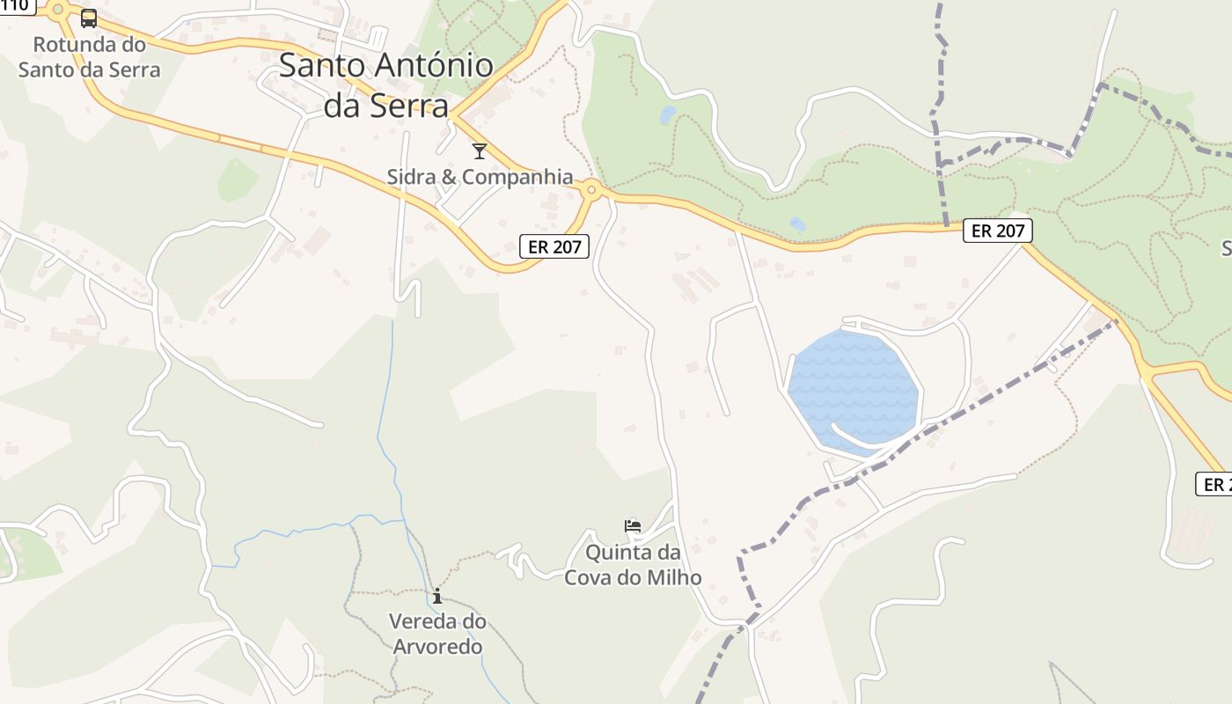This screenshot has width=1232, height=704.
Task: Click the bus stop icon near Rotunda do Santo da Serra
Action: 89,18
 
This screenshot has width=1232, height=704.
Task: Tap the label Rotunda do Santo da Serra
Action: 89,57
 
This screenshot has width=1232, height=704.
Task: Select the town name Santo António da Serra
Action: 386,84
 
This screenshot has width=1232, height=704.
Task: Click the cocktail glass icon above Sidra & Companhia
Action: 480,150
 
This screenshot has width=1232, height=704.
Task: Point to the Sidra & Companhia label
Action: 480,177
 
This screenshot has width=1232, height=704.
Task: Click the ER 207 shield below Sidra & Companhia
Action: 554,246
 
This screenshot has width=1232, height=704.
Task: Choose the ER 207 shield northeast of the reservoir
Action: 997,231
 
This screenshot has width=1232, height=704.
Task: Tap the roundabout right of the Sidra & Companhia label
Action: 592,189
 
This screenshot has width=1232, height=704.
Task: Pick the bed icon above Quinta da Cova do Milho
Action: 633,526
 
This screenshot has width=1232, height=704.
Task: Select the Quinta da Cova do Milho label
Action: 633,565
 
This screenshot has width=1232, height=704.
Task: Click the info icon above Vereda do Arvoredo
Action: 436,596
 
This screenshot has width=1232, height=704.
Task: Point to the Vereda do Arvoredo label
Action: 436,634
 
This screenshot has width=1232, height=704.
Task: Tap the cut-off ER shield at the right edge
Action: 1214,484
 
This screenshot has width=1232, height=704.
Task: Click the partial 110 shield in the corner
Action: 16,6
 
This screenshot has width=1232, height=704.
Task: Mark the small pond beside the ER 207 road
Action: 797,224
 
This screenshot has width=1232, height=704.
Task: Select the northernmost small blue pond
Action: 668,114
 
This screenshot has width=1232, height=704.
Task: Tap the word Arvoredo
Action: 436,647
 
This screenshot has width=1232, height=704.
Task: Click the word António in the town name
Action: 434,66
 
